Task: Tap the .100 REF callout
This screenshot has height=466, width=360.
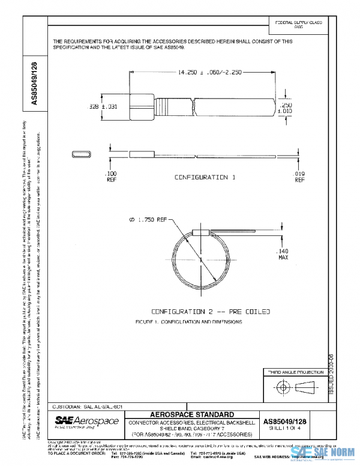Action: coord(111,175)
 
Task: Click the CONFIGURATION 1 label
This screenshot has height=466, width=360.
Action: coord(202,178)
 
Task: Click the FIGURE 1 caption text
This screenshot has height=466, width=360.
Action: coord(189,322)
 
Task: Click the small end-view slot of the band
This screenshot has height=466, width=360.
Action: coord(82,154)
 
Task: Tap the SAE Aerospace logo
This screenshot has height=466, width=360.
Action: coord(87,422)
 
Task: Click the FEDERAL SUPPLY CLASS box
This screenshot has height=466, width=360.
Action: coord(298,25)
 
